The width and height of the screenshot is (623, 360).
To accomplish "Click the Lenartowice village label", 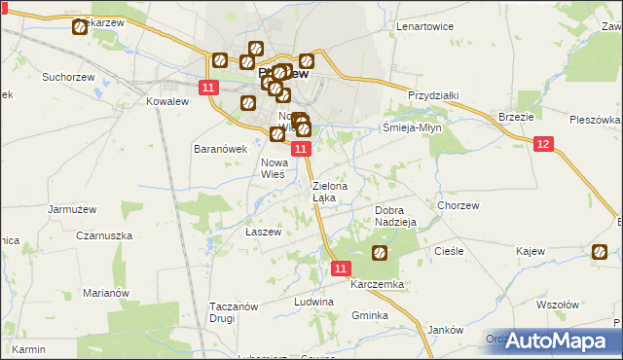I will [425, 26].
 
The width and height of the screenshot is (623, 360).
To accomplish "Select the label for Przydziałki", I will [433, 95].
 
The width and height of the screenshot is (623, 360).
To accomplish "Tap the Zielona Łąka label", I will [325, 191].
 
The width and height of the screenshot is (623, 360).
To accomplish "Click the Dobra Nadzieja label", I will [395, 216].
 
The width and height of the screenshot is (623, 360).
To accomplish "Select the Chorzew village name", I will [458, 205].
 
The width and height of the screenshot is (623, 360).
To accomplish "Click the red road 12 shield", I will [543, 144].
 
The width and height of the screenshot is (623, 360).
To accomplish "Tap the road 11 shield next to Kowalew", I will [208, 89].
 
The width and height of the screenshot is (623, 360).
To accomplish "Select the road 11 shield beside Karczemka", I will [340, 268].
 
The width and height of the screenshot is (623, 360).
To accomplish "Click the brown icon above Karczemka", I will [380, 254].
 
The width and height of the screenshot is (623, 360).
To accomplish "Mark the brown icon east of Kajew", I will [600, 254].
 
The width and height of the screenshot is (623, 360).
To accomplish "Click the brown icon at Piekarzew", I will [80, 27].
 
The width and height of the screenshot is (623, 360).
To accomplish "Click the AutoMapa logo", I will [558, 340].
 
